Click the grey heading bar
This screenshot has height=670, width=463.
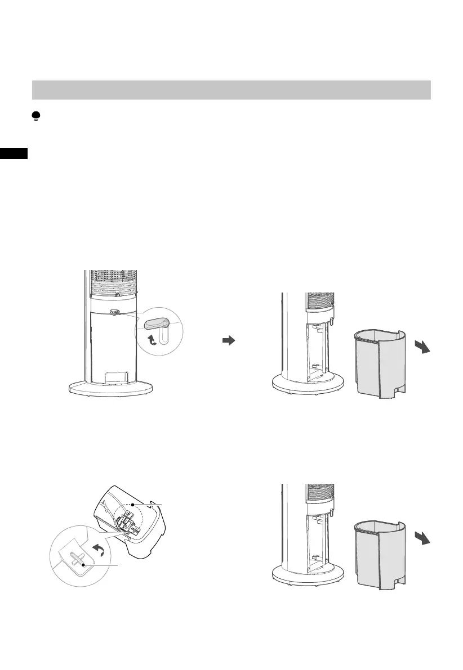coord(231,90)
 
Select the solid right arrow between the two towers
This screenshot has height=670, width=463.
coord(228,341)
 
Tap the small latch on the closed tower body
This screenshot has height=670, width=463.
coord(114,313)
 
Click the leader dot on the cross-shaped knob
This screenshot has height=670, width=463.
coord(83,564)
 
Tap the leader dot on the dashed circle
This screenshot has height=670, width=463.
coord(132,505)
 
